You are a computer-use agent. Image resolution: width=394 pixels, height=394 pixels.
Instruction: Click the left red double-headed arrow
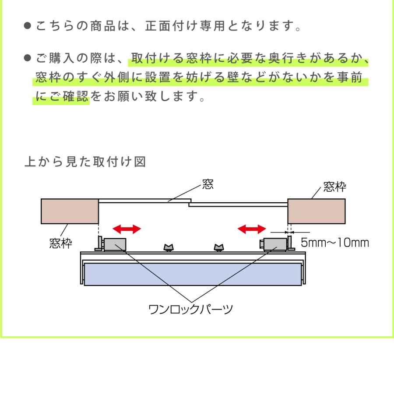tap(127, 229)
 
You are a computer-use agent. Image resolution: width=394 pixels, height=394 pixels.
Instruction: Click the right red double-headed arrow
tap(252, 229)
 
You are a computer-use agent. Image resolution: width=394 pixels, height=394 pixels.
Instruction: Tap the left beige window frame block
tap(70, 211)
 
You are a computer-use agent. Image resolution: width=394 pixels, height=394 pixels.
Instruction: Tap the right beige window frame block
tap(317, 211)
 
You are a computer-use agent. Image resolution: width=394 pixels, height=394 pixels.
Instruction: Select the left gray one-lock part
tap(115, 244)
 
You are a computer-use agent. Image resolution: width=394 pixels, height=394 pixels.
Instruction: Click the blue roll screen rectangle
tap(193, 274)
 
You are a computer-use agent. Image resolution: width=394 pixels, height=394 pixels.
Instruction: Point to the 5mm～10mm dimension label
tap(335, 243)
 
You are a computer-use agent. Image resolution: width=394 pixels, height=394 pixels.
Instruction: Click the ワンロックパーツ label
tap(191, 310)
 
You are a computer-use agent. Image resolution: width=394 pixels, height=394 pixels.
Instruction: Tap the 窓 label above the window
tap(208, 184)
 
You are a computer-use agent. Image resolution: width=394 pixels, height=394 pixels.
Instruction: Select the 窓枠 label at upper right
tap(334, 187)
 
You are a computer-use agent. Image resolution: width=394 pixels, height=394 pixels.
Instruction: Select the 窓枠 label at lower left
tap(60, 243)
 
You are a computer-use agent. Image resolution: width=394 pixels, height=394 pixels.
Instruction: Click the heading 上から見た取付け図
tap(85, 162)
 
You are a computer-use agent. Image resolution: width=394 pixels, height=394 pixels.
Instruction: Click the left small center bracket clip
tap(169, 248)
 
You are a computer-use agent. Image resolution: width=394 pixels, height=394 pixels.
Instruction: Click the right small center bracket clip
tap(219, 248)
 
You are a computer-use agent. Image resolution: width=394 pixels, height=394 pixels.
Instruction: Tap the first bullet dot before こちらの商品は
tap(28, 26)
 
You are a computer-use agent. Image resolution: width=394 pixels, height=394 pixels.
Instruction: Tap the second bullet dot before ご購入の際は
tap(28, 58)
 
